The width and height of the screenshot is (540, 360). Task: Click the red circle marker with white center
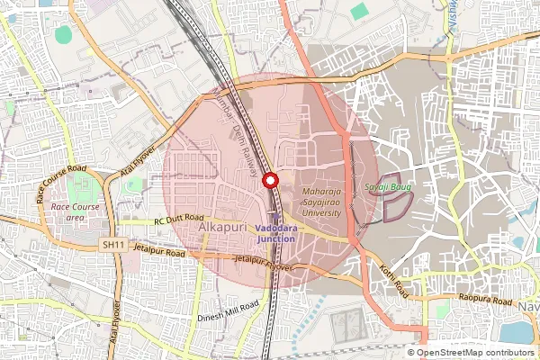click(269, 180)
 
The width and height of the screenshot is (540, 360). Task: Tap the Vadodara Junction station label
click(275, 233)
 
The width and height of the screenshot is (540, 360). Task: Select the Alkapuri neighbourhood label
click(224, 230)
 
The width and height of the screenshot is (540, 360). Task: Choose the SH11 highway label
click(113, 244)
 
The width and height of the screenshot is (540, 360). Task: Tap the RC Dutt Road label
click(180, 219)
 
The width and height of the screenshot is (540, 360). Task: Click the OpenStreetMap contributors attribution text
click(475, 353)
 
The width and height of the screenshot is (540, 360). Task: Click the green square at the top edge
click(359, 12)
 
